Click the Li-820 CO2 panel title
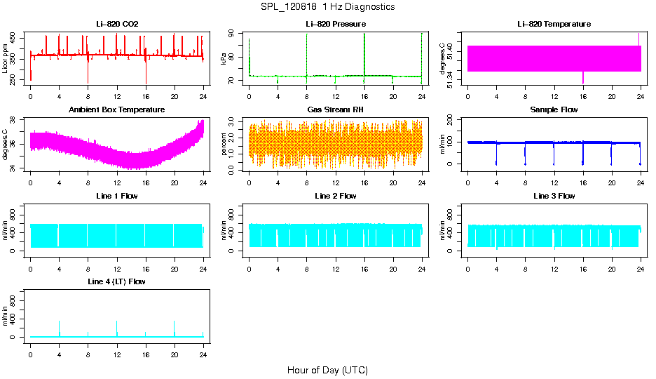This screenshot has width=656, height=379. click(117, 25)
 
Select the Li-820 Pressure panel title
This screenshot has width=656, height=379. click(336, 25)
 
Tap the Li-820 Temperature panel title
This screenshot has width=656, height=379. click(554, 25)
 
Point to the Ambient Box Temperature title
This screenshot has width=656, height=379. click(117, 110)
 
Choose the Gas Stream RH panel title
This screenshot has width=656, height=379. click(336, 110)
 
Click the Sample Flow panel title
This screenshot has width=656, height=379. click(554, 110)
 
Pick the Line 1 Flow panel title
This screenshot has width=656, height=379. click(117, 196)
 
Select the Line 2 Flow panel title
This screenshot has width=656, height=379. click(336, 196)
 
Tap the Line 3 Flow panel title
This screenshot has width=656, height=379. click(554, 196)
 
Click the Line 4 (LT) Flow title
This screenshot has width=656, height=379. click(117, 281)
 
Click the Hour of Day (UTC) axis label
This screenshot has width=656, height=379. click(327, 370)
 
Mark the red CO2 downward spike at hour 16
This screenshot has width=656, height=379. click(146, 74)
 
